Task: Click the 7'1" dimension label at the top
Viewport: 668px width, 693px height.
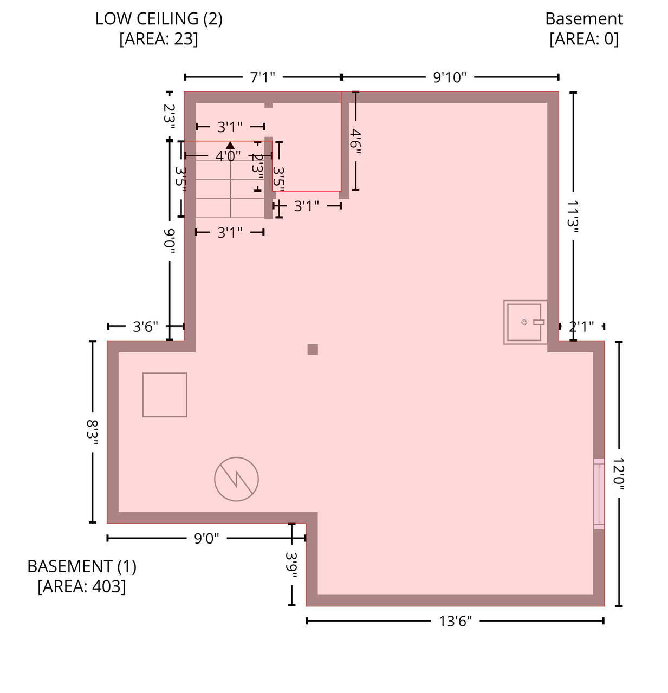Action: click(x=263, y=77)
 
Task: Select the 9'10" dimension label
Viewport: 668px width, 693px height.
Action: click(x=450, y=77)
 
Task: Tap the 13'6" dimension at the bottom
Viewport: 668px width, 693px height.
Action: click(x=455, y=621)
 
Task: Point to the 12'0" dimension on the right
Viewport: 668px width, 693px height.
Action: click(x=619, y=474)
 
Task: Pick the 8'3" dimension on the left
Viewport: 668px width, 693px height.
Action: click(x=93, y=432)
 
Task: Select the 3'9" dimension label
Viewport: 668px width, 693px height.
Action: click(x=291, y=565)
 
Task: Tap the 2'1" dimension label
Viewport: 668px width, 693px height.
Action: click(x=581, y=326)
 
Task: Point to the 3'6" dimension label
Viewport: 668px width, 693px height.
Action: click(x=145, y=326)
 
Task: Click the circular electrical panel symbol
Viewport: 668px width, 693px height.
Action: click(x=236, y=479)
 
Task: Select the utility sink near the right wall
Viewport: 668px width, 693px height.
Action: click(x=525, y=322)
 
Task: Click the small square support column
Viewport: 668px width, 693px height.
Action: click(x=313, y=349)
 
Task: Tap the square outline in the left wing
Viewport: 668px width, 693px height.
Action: click(x=165, y=395)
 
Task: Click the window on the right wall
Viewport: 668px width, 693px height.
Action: click(x=599, y=494)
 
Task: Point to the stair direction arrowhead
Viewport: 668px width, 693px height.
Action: click(x=230, y=145)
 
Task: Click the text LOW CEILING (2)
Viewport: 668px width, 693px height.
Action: click(x=159, y=18)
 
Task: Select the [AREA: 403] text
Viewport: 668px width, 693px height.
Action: click(x=82, y=586)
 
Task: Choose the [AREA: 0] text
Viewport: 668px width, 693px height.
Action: click(x=583, y=39)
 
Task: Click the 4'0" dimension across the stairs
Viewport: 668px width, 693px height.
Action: click(x=228, y=156)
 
